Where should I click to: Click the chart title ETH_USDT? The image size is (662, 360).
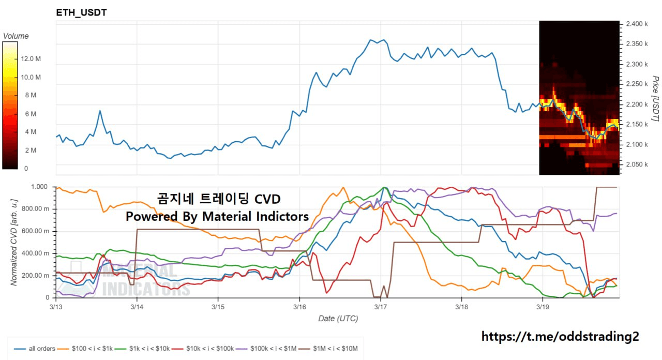(82, 12)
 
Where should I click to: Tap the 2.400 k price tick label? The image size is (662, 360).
(637, 24)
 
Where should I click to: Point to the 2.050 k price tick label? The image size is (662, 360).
(637, 164)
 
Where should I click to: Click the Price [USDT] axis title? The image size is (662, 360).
(655, 99)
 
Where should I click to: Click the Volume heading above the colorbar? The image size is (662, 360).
(16, 36)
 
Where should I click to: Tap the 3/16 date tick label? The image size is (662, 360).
(299, 307)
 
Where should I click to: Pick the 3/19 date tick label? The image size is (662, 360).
(543, 307)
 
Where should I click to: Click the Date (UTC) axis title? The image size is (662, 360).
(338, 319)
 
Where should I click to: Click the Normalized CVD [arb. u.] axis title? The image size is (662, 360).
(14, 241)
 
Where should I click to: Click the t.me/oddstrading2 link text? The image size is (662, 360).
(560, 337)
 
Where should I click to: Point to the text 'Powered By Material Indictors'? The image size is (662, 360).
(217, 216)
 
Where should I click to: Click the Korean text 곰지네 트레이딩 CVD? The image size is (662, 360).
(219, 199)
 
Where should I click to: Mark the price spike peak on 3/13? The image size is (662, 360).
(100, 111)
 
